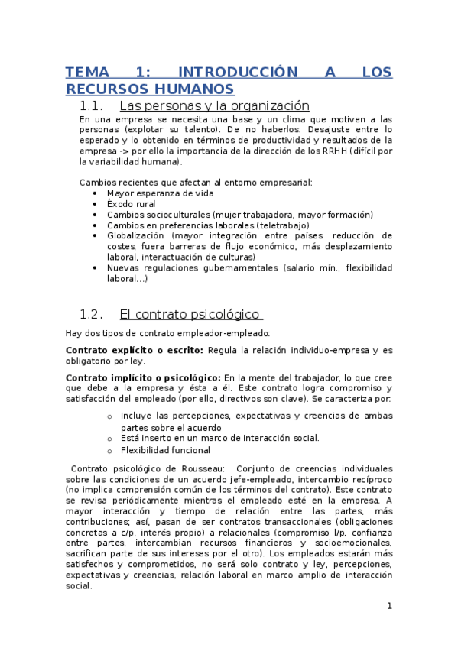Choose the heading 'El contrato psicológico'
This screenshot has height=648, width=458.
pos(190,315)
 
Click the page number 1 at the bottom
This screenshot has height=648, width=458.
pos(389,606)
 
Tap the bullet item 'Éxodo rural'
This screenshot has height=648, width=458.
pos(132,205)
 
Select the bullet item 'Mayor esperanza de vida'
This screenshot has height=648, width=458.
pos(149,194)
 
